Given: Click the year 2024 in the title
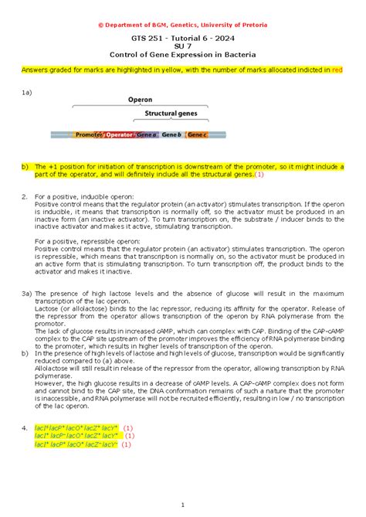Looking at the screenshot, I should click(x=222, y=38).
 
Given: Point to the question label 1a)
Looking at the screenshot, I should click(x=28, y=93).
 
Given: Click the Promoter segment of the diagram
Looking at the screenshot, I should click(x=89, y=135).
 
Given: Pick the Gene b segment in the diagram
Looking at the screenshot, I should click(x=174, y=135).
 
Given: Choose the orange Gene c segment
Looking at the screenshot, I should click(x=197, y=135).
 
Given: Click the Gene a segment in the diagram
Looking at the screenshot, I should click(x=147, y=135).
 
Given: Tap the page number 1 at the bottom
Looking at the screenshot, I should click(x=183, y=505).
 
